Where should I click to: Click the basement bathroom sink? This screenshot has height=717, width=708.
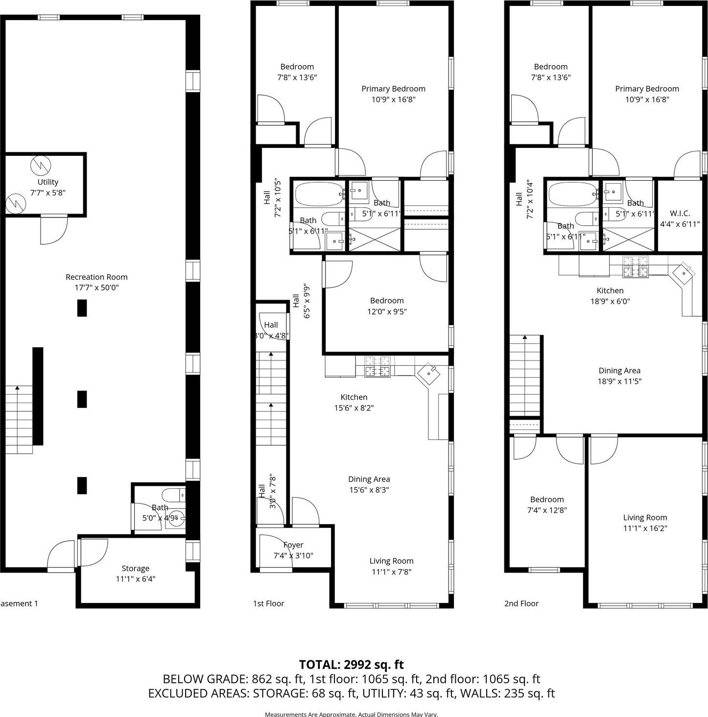176,518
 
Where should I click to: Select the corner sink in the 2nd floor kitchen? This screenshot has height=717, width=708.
683,273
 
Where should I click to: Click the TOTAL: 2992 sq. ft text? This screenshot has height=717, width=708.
351,664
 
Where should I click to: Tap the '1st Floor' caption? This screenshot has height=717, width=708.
268,603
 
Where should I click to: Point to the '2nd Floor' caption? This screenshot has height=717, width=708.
521,603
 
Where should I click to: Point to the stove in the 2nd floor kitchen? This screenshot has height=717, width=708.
635,266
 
